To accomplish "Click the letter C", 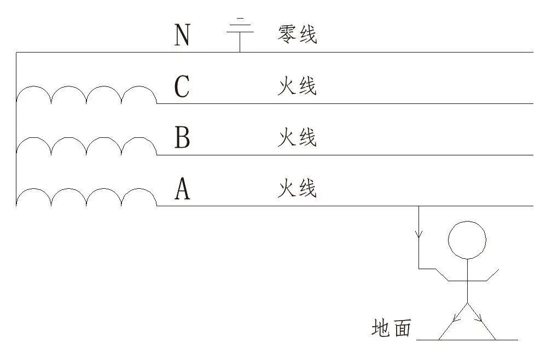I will (x=182, y=86).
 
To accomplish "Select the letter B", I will (x=182, y=138).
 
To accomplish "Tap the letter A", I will (x=182, y=189).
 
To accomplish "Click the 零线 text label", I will (x=297, y=35).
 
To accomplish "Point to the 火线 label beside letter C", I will (x=297, y=86).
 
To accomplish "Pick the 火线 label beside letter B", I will (x=297, y=138).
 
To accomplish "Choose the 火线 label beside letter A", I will (x=297, y=189).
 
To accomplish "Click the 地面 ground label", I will (x=391, y=328).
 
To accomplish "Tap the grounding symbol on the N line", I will (x=240, y=30).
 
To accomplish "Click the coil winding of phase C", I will (x=86, y=94).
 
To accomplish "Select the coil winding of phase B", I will (x=86, y=146).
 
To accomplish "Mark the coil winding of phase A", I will (x=86, y=197).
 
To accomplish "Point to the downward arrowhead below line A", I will (x=419, y=234).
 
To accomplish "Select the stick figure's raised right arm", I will (x=492, y=275).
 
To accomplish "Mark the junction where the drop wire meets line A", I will (x=419, y=206).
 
